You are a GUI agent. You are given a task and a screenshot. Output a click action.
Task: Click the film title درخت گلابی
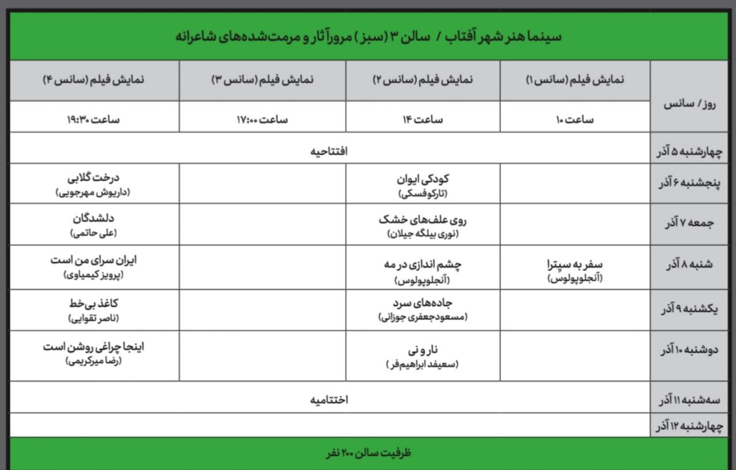(x=94, y=178)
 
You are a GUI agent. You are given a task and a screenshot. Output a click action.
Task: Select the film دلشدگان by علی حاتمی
(x=94, y=219)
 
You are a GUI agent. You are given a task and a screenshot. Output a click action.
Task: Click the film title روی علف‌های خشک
(x=423, y=219)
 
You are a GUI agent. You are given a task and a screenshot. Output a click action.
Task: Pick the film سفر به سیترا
(x=575, y=265)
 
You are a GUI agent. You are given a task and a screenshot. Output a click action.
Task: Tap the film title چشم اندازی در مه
(x=423, y=265)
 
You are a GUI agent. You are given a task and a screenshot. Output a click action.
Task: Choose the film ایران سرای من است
(x=94, y=260)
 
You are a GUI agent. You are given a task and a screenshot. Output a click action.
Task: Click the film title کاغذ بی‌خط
(x=94, y=303)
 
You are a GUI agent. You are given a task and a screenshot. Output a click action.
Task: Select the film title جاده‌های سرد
(x=423, y=303)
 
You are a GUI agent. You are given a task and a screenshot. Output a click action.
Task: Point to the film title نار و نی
(x=423, y=349)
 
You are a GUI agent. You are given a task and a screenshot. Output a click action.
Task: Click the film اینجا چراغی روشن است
(x=94, y=347)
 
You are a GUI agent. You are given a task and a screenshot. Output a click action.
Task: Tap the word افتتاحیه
(x=329, y=151)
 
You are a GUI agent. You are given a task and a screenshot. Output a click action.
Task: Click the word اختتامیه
(x=329, y=399)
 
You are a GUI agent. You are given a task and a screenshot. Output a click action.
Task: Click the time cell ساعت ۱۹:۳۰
(x=94, y=120)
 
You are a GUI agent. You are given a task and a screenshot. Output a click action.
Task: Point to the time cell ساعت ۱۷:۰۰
(x=262, y=120)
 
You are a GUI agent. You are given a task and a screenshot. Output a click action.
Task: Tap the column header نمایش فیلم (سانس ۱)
(x=575, y=81)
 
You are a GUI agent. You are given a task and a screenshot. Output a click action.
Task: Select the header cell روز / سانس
(x=685, y=104)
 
